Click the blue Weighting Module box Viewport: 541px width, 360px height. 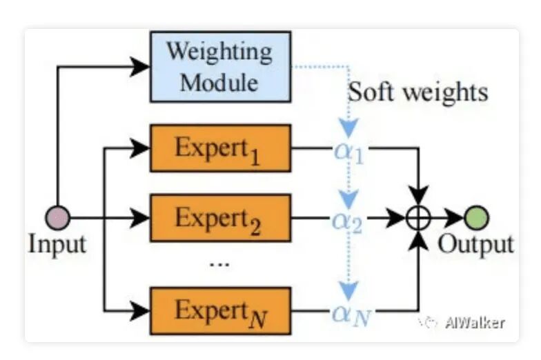[220, 66]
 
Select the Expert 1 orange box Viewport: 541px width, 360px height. [220, 148]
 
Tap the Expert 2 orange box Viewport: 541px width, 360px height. [220, 218]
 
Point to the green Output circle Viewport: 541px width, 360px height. [476, 218]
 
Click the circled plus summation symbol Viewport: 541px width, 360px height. [418, 218]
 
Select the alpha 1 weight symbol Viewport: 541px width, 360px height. [348, 150]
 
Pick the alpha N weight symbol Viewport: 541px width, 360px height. [349, 314]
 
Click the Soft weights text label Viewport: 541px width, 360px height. [417, 92]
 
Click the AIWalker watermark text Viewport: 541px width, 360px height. [474, 322]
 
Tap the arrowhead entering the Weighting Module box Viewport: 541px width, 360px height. [141, 66]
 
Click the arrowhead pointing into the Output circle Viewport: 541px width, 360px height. [455, 218]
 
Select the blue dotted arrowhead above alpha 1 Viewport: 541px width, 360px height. [348, 129]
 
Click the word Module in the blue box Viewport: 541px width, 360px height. [219, 82]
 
